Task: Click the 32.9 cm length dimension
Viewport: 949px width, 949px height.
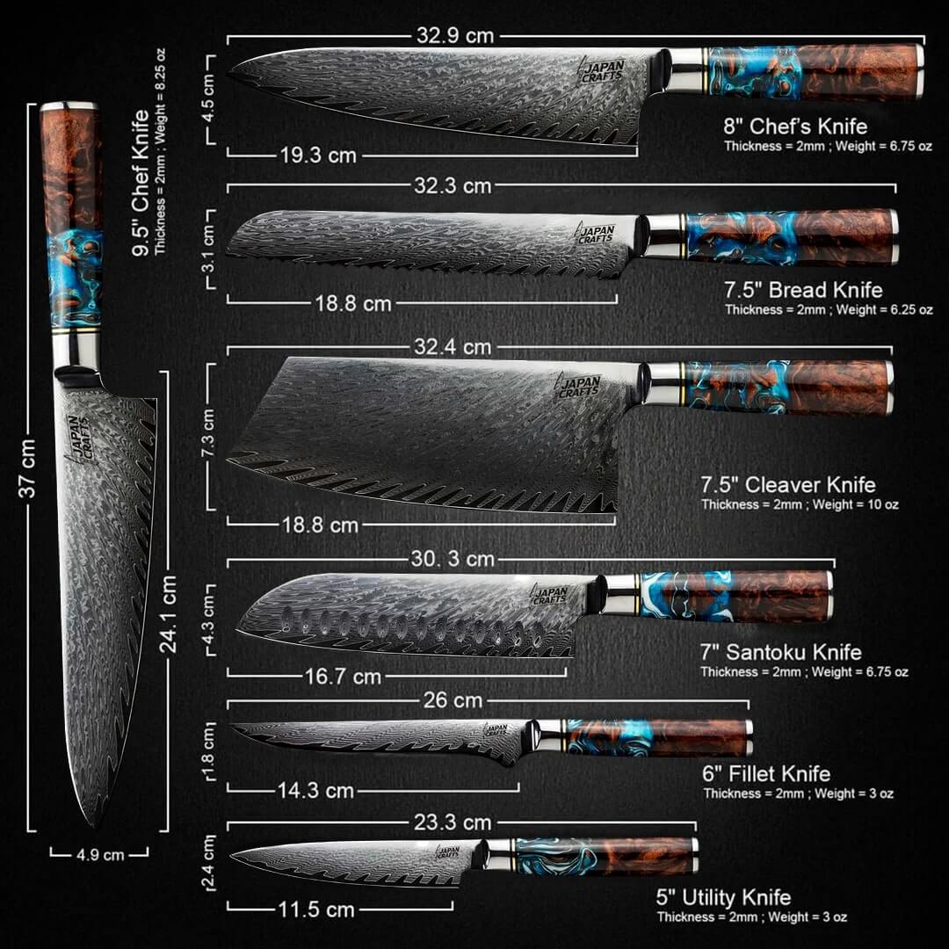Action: point(455,36)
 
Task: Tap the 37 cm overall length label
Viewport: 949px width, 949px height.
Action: point(27,467)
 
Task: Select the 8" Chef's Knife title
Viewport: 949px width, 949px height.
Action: point(795,126)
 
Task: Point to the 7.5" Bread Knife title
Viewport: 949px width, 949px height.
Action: point(803,290)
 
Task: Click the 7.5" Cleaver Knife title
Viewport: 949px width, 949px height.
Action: point(788,485)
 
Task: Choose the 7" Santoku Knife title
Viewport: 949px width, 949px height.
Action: point(781,652)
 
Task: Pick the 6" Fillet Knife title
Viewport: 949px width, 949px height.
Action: point(766,773)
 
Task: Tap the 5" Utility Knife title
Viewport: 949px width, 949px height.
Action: point(723,897)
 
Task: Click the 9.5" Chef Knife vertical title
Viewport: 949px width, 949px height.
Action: point(141,183)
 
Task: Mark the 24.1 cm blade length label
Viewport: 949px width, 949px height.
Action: point(168,614)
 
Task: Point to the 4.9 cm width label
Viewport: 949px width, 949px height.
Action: point(100,855)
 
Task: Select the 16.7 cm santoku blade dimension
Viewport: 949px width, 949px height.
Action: point(344,676)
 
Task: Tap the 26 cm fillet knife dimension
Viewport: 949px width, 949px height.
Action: point(453,700)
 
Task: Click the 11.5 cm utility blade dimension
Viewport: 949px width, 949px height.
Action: point(316,909)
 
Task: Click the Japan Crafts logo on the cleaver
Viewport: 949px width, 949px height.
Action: point(578,387)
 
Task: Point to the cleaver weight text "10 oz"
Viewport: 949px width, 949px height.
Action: point(883,504)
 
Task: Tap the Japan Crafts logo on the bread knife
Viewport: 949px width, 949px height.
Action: point(596,233)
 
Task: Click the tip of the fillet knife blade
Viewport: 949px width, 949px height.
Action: point(230,725)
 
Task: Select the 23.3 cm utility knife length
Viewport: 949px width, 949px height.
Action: point(453,822)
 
